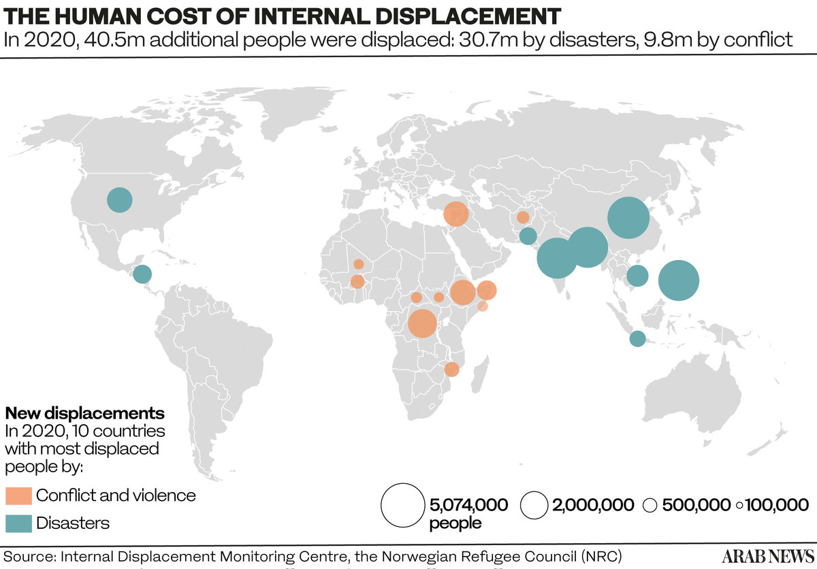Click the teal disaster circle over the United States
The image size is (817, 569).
pyautogui.click(x=120, y=199)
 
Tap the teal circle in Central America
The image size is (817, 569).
pyautogui.click(x=142, y=274)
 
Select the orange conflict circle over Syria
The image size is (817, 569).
pyautogui.click(x=455, y=214)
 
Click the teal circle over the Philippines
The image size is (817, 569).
pyautogui.click(x=679, y=280)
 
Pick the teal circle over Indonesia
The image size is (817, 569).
pyautogui.click(x=637, y=338)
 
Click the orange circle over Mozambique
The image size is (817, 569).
pyautogui.click(x=451, y=370)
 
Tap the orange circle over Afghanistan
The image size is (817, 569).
pyautogui.click(x=523, y=217)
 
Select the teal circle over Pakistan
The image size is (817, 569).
pyautogui.click(x=528, y=236)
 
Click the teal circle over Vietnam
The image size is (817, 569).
pyautogui.click(x=637, y=276)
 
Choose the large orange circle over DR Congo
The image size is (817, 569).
pyautogui.click(x=422, y=323)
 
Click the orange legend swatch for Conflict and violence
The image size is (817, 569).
pyautogui.click(x=18, y=495)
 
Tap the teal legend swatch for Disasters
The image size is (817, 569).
pyautogui.click(x=18, y=523)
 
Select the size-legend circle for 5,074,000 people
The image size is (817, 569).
pyautogui.click(x=402, y=505)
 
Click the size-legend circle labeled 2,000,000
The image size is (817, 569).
pyautogui.click(x=534, y=505)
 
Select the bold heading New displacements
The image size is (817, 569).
pyautogui.click(x=84, y=413)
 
